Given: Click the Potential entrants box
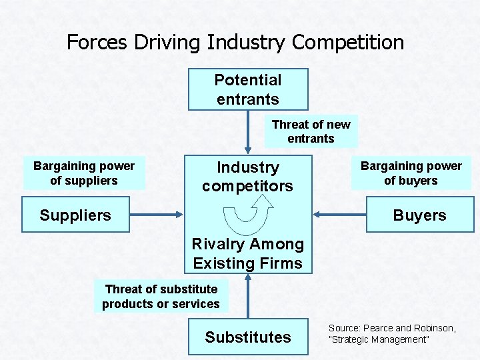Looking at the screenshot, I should coord(248,89).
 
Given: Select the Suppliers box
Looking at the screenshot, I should coord(75,215).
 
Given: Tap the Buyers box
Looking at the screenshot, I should coord(419,215).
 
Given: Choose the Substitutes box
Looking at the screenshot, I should coord(248,337).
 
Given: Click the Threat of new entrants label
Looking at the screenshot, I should coord(311,131).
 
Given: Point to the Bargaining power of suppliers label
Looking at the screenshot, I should coord(84,173).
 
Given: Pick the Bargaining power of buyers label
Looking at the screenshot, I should coord(411,173).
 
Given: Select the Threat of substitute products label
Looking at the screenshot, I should coord(161,296).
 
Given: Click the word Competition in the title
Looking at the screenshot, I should coord(348,43).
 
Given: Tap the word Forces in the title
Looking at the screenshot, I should coord(98,43).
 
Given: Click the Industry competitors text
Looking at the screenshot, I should coord(247,177).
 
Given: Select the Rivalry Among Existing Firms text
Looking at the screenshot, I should coord(248,254).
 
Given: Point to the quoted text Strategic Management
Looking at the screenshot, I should coord(380,340).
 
